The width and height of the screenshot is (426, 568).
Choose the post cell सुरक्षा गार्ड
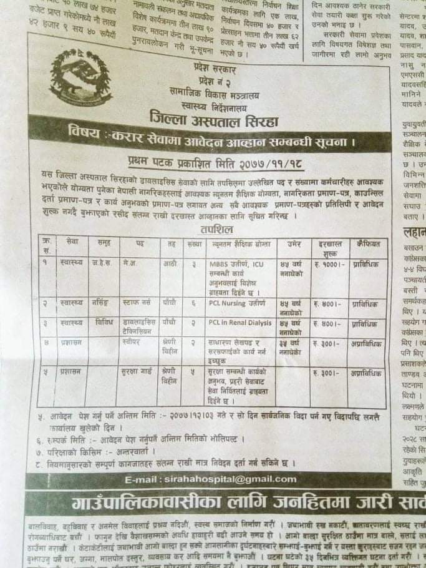point(138,373)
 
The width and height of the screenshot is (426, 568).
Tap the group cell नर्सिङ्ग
point(99,303)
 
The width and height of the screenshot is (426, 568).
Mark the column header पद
point(138,243)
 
